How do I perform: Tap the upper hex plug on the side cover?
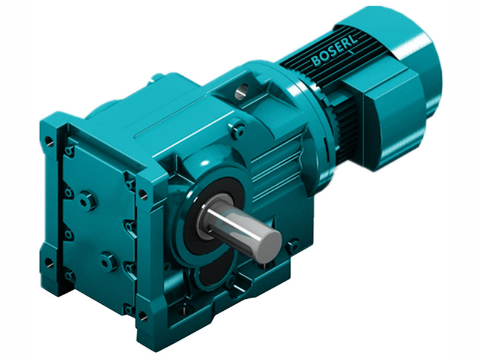point(89,200)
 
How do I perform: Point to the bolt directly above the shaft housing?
point(238,130)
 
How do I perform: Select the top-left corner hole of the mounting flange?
point(49,142)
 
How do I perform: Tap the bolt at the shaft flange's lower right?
point(293,245)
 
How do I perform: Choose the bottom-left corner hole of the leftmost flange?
point(49,263)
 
